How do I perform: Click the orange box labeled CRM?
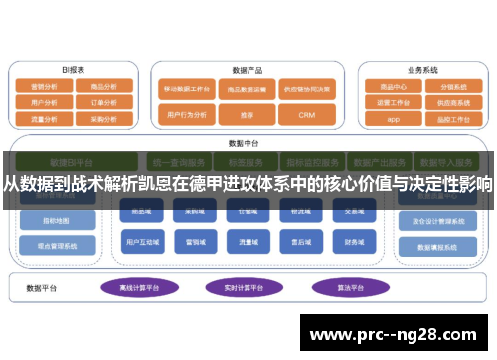[306, 115]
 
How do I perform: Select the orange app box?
[391, 119]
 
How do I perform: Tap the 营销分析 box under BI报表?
[45, 86]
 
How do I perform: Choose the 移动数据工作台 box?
[186, 88]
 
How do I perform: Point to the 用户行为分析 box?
[186, 115]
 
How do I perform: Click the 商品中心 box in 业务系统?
[391, 86]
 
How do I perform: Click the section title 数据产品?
[246, 70]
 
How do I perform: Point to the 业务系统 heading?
[421, 70]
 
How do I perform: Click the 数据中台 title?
[243, 142]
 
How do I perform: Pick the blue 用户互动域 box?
[137, 241]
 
